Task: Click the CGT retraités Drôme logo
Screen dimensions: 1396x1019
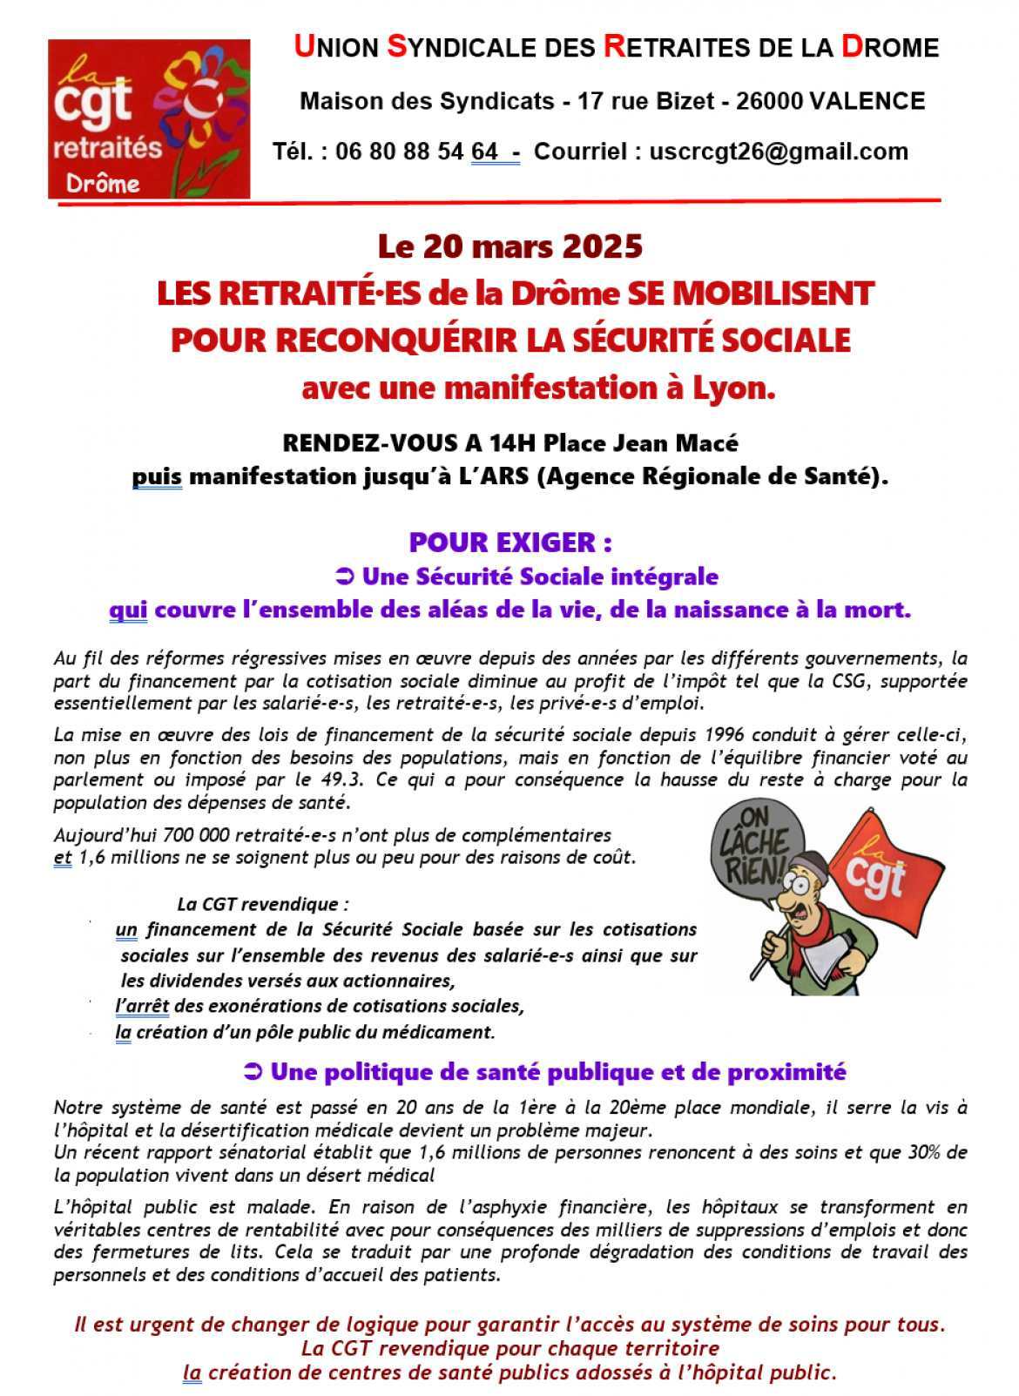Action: (x=149, y=118)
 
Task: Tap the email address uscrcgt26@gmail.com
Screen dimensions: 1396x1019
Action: (x=779, y=152)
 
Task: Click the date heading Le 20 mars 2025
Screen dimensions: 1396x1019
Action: (x=509, y=247)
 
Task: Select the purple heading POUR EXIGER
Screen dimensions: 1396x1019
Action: (x=509, y=543)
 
